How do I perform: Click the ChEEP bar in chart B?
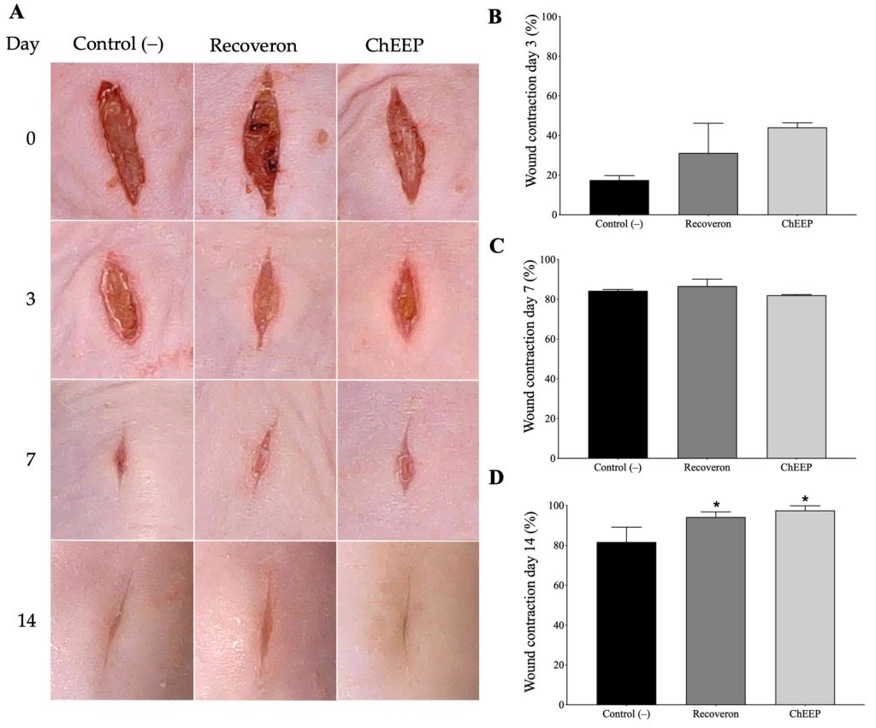pyautogui.click(x=796, y=171)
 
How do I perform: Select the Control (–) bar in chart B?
pyautogui.click(x=619, y=198)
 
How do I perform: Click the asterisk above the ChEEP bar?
pyautogui.click(x=805, y=500)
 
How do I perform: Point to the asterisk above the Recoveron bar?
pyautogui.click(x=716, y=505)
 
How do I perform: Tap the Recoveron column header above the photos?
pyautogui.click(x=253, y=45)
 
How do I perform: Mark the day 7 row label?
pyautogui.click(x=29, y=459)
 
